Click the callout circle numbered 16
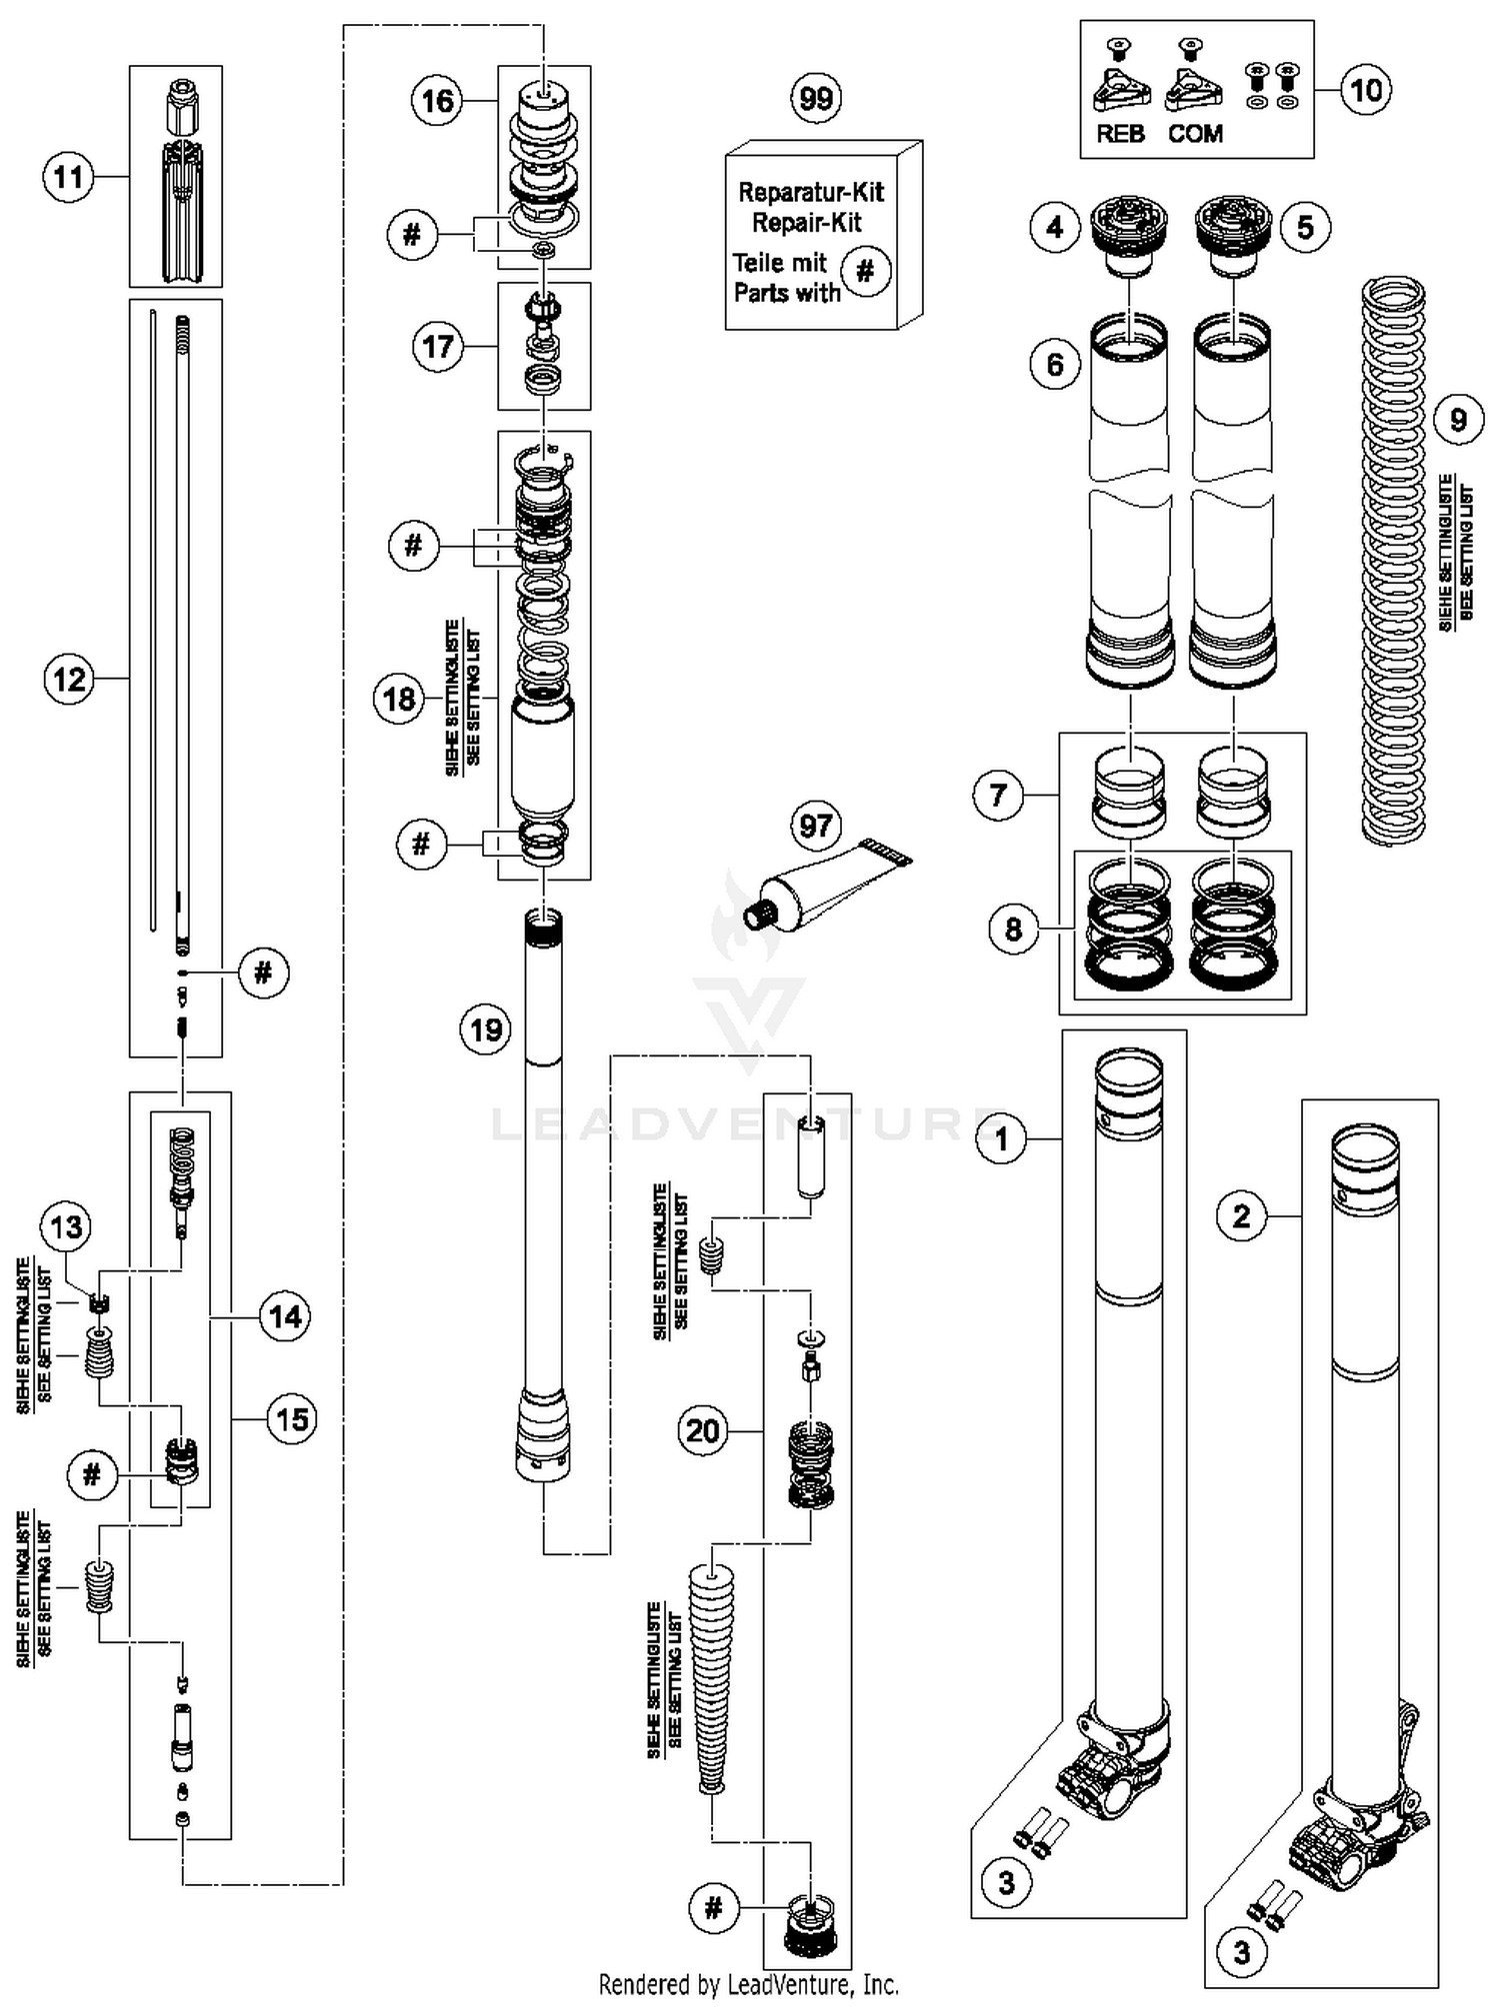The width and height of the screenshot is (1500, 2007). (x=437, y=101)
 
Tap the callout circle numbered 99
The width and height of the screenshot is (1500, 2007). (x=816, y=98)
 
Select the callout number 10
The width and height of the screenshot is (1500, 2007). (x=1365, y=90)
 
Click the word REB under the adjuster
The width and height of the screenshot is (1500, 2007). (x=1120, y=134)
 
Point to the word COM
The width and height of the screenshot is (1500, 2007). (x=1195, y=134)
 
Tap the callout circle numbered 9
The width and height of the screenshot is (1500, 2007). (x=1457, y=420)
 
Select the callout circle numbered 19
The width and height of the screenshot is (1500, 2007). (x=485, y=1029)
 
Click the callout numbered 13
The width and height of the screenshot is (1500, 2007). (x=67, y=1226)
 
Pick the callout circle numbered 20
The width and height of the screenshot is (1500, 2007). (x=702, y=1431)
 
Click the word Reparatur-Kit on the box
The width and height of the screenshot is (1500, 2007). (x=811, y=192)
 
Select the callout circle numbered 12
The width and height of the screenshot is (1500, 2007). (x=69, y=680)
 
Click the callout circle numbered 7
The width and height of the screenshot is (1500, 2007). (x=998, y=796)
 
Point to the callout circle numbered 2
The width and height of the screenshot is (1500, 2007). (x=1241, y=1216)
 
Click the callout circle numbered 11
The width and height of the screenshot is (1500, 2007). (x=68, y=178)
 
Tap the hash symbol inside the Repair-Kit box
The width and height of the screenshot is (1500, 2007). (x=866, y=271)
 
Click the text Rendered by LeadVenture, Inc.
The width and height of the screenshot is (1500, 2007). (x=749, y=1984)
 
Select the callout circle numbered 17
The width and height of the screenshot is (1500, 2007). (x=437, y=347)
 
